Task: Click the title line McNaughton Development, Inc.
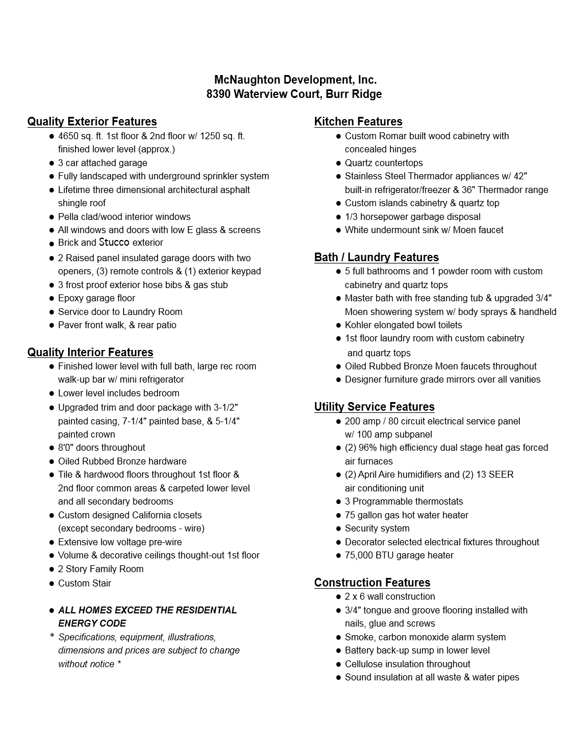click(x=295, y=80)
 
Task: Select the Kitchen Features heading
click(x=358, y=121)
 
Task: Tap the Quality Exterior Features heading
click(x=92, y=121)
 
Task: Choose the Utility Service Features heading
click(x=374, y=407)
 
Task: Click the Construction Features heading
click(x=372, y=582)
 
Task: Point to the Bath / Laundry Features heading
click(x=376, y=257)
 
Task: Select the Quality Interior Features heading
click(x=90, y=352)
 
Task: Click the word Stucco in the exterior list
click(x=114, y=242)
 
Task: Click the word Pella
click(x=68, y=216)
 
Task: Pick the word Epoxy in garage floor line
click(x=70, y=298)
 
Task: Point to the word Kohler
click(x=358, y=325)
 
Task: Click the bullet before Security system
click(x=338, y=529)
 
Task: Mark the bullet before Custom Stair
click(x=52, y=584)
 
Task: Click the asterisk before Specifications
click(x=52, y=637)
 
